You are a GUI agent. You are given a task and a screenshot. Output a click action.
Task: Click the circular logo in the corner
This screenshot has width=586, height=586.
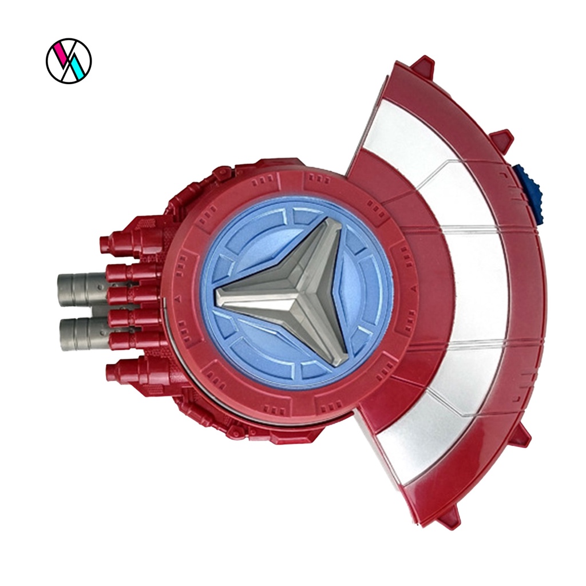pyautogui.click(x=69, y=61)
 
